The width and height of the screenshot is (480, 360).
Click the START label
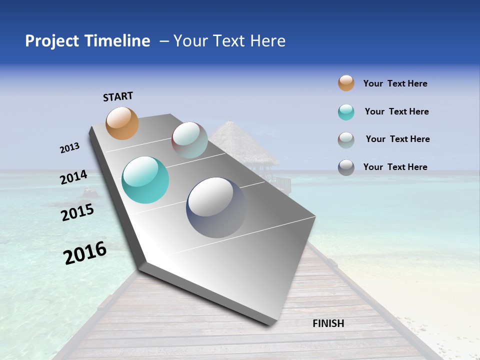pyautogui.click(x=118, y=96)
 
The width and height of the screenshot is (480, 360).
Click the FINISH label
pyautogui.click(x=328, y=323)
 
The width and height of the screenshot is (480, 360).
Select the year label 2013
pyautogui.click(x=69, y=148)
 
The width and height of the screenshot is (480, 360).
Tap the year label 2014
pyautogui.click(x=73, y=177)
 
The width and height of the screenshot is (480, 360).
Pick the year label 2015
pyautogui.click(x=77, y=212)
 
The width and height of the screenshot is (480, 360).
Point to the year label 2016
pyautogui.click(x=85, y=253)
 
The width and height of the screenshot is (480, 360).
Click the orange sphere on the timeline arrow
pyautogui.click(x=122, y=123)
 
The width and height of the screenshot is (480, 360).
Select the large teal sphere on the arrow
pyautogui.click(x=145, y=180)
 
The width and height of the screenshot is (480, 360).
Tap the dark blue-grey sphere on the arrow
pyautogui.click(x=216, y=207)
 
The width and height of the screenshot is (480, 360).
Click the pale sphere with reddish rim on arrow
pyautogui.click(x=189, y=140)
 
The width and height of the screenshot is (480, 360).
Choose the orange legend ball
pyautogui.click(x=346, y=83)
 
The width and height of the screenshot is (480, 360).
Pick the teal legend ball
pyautogui.click(x=346, y=112)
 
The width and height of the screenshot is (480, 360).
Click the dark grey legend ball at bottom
pyautogui.click(x=346, y=167)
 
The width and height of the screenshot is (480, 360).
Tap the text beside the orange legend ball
pyautogui.click(x=395, y=83)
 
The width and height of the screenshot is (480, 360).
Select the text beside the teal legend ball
pyautogui.click(x=396, y=111)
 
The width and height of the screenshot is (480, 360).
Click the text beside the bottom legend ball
pyautogui.click(x=395, y=167)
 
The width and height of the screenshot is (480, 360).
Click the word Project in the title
pyautogui.click(x=52, y=41)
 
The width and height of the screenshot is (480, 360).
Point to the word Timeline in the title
pyautogui.click(x=118, y=41)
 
